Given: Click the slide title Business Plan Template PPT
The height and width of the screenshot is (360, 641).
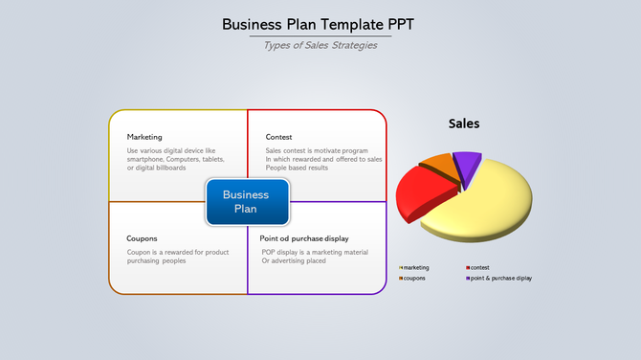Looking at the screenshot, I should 320,24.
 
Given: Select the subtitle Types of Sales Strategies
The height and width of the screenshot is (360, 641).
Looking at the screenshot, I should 320,45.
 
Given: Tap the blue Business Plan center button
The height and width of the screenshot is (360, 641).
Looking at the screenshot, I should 246,201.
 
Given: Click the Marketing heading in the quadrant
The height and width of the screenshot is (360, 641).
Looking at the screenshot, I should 144,137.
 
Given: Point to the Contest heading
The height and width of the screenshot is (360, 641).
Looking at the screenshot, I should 278,137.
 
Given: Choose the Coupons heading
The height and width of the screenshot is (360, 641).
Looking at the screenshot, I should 142,238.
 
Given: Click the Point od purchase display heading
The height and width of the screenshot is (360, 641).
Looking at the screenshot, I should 304,238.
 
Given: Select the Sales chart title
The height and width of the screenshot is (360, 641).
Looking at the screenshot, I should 464,124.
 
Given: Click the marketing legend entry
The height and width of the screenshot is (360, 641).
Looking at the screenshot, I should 416,267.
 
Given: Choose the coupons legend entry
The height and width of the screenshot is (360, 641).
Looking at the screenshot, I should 414,278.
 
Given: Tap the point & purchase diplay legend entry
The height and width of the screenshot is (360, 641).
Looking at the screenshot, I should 500,278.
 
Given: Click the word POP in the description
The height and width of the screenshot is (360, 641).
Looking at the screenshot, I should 269,252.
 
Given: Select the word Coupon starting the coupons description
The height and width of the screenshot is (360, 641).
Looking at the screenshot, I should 139,252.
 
